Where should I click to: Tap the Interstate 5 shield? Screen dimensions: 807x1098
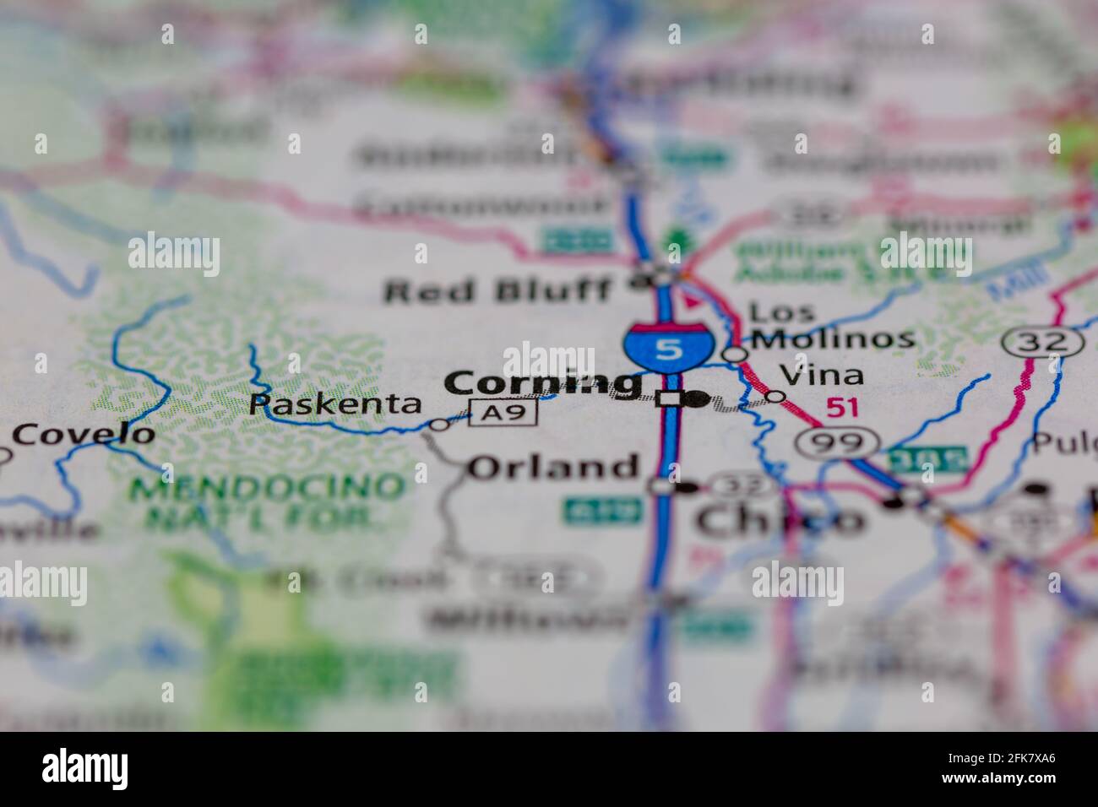pos(667,346)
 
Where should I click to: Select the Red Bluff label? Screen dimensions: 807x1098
pos(497,291)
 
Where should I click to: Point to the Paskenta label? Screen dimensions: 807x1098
pos(335,403)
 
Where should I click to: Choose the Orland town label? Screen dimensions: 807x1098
pos(553,467)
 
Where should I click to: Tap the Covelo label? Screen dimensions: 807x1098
pos(84,435)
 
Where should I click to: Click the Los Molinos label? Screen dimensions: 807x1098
pos(832,326)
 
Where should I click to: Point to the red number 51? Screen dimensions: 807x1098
pos(842,408)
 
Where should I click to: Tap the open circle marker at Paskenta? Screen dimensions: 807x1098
pos(439,425)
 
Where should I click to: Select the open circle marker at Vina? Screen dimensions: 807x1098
pos(775,396)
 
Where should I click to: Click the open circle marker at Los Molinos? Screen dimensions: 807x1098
pos(736,353)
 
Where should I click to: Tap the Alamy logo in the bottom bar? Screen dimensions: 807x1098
pos(84,769)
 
